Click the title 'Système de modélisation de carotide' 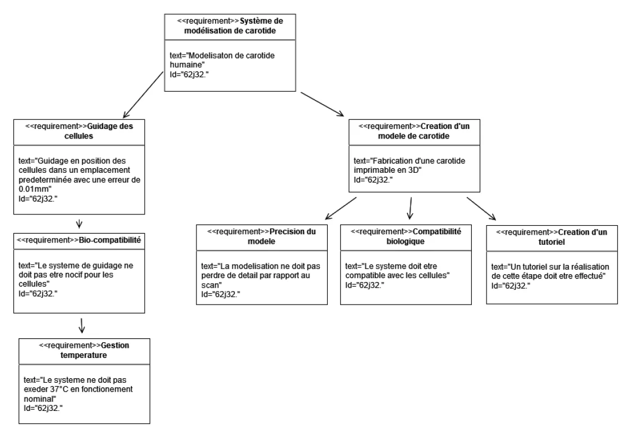229,25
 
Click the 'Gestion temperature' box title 85,350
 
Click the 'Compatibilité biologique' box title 405,236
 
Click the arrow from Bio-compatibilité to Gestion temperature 83,325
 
